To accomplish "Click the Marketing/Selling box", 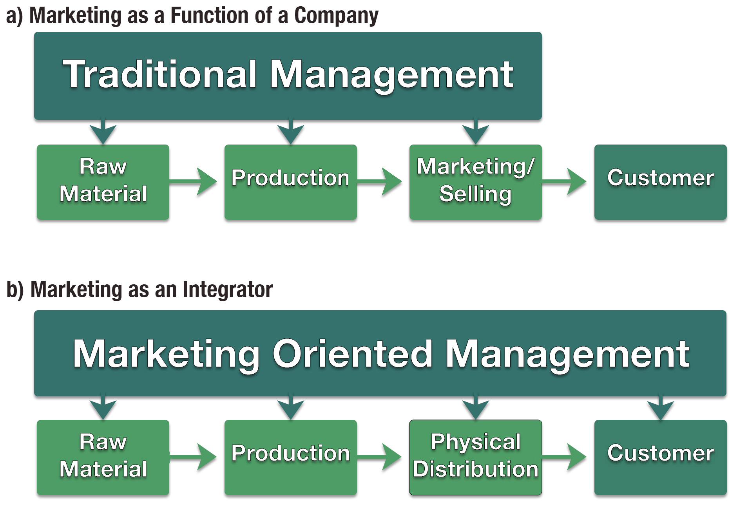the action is tap(475, 182).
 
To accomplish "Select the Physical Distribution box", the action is tap(475, 457).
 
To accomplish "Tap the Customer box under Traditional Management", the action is tap(660, 182).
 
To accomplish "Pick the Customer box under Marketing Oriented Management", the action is tap(660, 457).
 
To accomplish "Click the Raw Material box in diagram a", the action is tap(103, 182).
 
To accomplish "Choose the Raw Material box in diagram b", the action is tap(103, 457).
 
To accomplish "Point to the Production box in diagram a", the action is tap(290, 182).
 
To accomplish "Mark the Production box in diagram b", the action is tap(290, 457).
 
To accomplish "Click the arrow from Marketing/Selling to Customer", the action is tap(564, 182).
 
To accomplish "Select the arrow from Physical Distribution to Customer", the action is tap(564, 457).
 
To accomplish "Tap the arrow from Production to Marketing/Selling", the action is tap(379, 182).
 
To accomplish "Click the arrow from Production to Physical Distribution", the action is tap(379, 457).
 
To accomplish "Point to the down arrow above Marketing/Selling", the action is tap(475, 132).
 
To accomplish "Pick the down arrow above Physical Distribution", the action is tap(475, 407).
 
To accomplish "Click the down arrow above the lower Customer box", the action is tap(660, 407).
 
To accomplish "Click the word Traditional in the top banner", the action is tap(160, 74).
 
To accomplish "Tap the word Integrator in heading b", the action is tap(227, 289).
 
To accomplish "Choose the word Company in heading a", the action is tap(336, 16).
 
